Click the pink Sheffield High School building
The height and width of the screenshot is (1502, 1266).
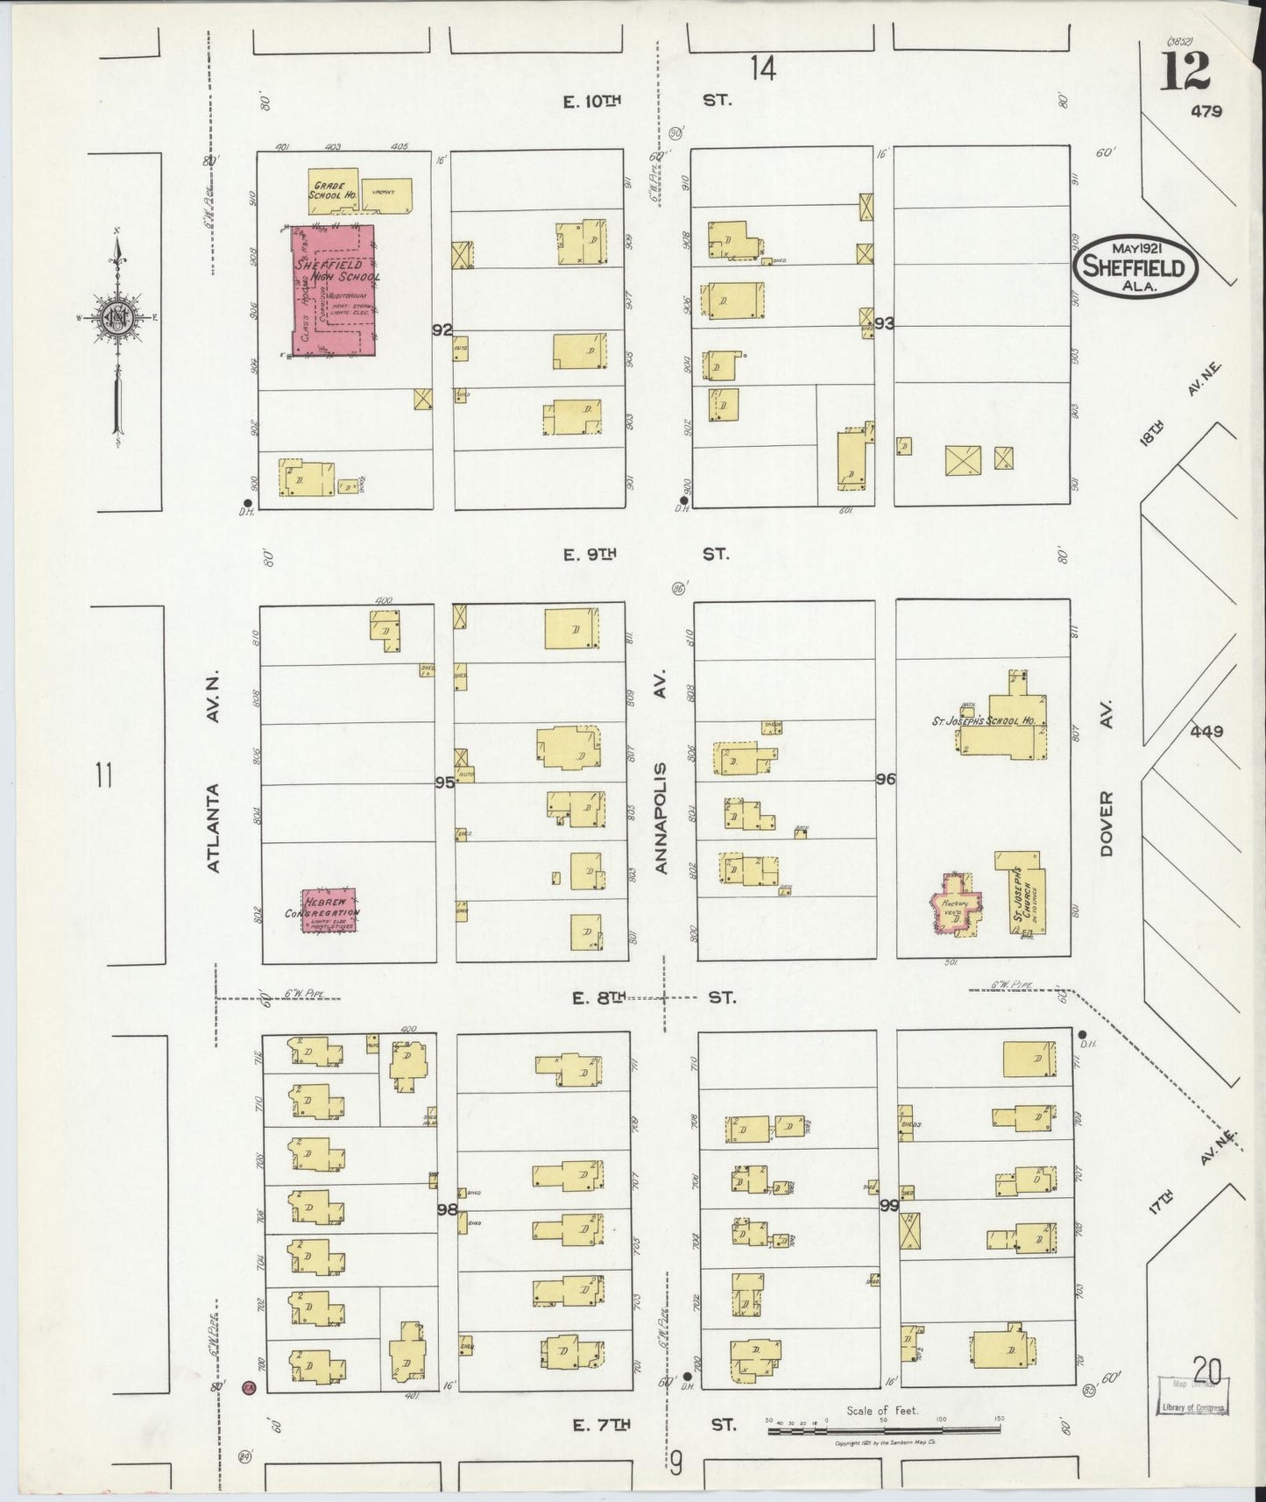coord(333,289)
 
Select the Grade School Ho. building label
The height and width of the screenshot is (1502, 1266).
coord(331,189)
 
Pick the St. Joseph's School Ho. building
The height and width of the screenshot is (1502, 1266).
coord(1003,724)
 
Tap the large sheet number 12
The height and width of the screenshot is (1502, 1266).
coord(1185,72)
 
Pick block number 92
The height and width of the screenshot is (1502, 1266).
coord(442,330)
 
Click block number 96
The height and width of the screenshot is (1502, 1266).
coord(885,778)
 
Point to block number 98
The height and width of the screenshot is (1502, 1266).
coord(447,1209)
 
